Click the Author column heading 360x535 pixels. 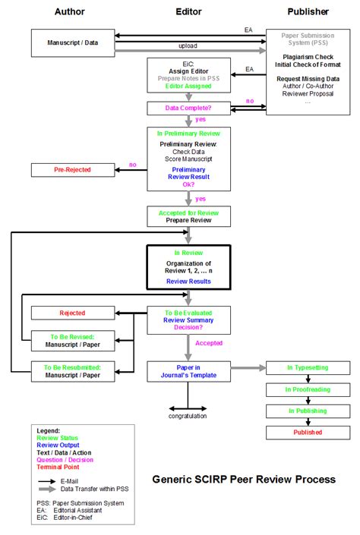pos(70,12)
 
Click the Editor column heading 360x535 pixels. pos(188,12)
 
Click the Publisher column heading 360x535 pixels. pos(308,12)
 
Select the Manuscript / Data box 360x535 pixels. pos(72,43)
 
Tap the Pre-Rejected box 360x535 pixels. pos(72,169)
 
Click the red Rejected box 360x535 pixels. pos(72,313)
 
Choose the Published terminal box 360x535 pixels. pos(308,432)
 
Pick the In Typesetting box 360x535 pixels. pos(308,367)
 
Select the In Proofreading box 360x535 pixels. pos(308,389)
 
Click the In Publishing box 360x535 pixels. pos(308,411)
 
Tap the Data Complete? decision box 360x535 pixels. pos(188,109)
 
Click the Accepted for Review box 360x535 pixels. pos(188,216)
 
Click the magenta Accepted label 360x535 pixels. pos(210,343)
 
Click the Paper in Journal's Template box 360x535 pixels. pos(188,371)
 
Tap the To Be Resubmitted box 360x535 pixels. pos(72,371)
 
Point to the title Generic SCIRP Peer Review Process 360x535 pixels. pos(244,479)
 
